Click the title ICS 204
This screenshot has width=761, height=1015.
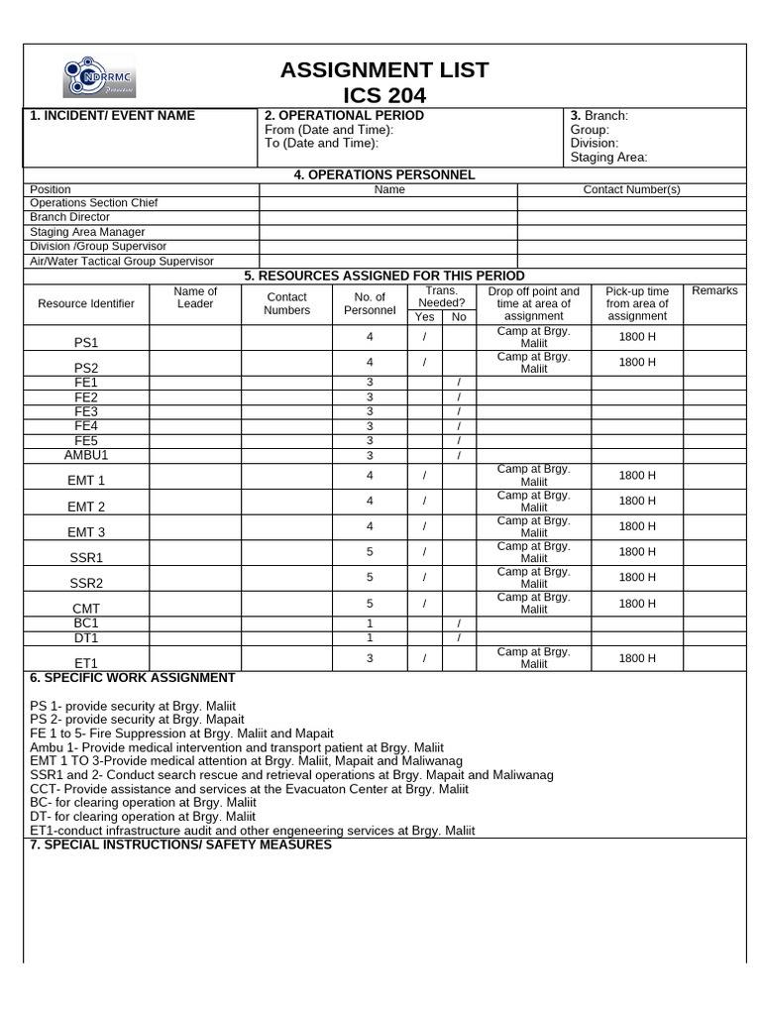pyautogui.click(x=383, y=95)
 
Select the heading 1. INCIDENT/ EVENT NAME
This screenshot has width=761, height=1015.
pyautogui.click(x=112, y=116)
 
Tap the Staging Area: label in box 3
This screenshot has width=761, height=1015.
pyautogui.click(x=608, y=157)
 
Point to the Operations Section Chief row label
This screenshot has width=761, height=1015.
pyautogui.click(x=94, y=203)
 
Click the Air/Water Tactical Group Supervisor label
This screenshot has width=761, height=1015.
pyautogui.click(x=121, y=261)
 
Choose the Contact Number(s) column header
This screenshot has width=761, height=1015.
pyautogui.click(x=631, y=189)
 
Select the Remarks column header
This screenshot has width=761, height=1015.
pyautogui.click(x=714, y=290)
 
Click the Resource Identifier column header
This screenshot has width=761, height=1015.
pyautogui.click(x=86, y=303)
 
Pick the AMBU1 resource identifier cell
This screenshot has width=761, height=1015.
pyautogui.click(x=86, y=455)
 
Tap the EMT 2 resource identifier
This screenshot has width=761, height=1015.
pyautogui.click(x=86, y=507)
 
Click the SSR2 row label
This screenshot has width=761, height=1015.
pyautogui.click(x=86, y=583)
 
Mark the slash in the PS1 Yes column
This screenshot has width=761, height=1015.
pyautogui.click(x=424, y=337)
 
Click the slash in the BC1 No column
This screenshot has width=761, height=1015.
pyautogui.click(x=459, y=622)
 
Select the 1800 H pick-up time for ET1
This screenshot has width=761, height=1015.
pyautogui.click(x=637, y=658)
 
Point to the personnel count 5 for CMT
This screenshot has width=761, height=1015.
pyautogui.click(x=370, y=603)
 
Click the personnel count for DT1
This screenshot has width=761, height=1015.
pyautogui.click(x=370, y=637)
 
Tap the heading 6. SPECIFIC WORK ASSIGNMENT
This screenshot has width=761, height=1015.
pyautogui.click(x=133, y=678)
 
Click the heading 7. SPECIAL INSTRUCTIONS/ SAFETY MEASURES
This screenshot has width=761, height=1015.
pyautogui.click(x=180, y=845)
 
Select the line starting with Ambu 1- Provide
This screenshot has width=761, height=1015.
pyautogui.click(x=237, y=746)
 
